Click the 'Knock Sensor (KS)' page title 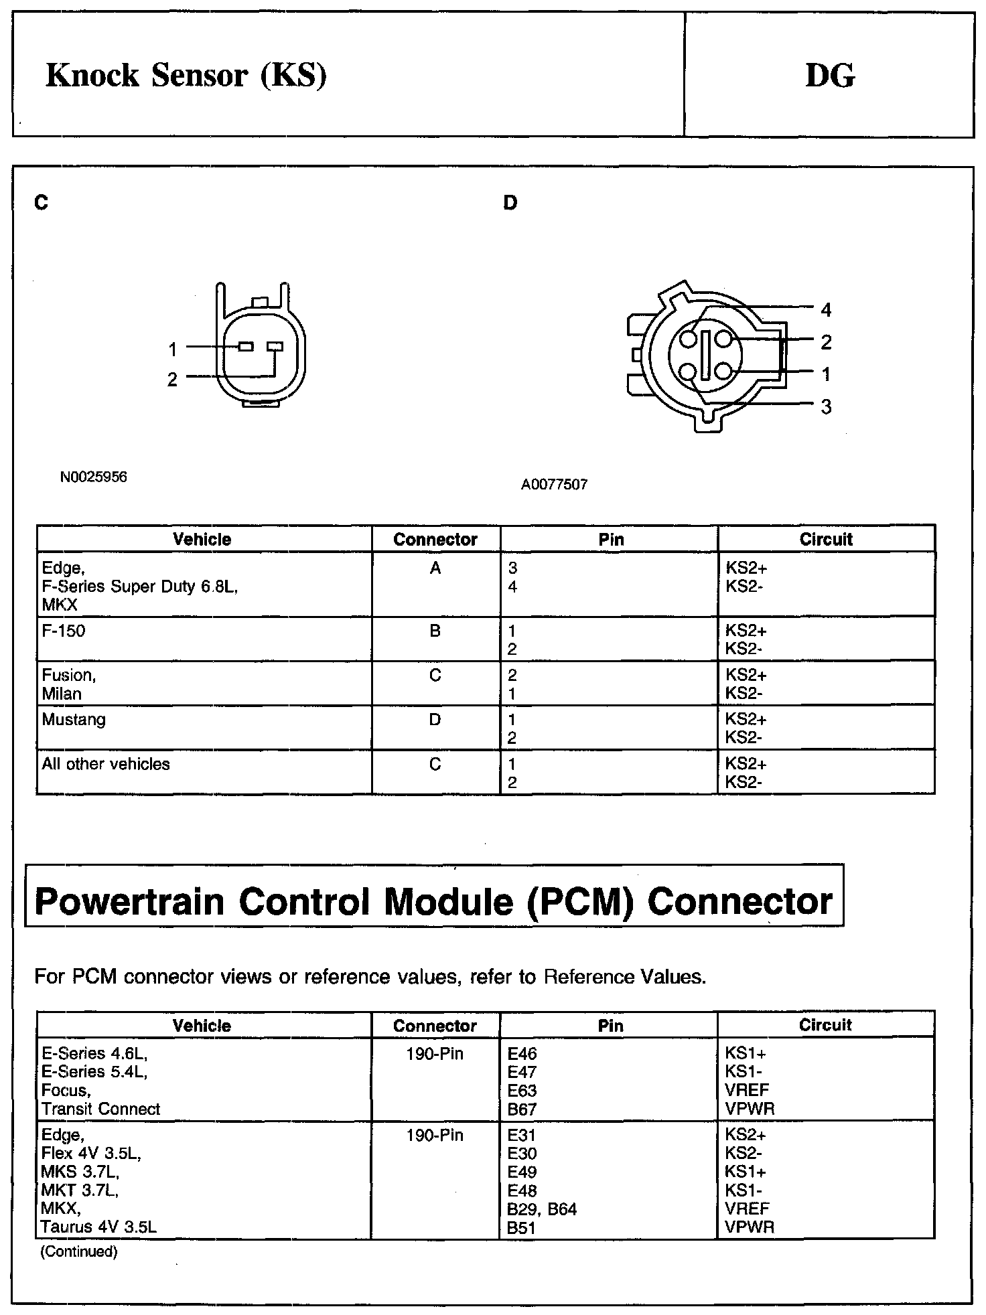(x=186, y=75)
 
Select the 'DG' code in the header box (x=829, y=75)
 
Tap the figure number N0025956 (x=93, y=477)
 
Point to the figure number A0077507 (x=554, y=485)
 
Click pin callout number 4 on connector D (x=826, y=310)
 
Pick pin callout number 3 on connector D (x=826, y=406)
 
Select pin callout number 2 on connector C (x=172, y=380)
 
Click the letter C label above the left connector (x=42, y=203)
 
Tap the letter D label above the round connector (x=510, y=203)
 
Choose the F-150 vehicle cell (x=64, y=631)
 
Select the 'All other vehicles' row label (x=106, y=764)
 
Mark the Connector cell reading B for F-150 (x=435, y=631)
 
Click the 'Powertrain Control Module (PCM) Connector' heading (x=433, y=901)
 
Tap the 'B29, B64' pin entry (x=542, y=1209)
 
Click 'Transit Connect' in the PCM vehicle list (x=100, y=1109)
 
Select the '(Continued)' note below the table (x=79, y=1251)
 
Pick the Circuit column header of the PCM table (x=825, y=1025)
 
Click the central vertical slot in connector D (x=705, y=356)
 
